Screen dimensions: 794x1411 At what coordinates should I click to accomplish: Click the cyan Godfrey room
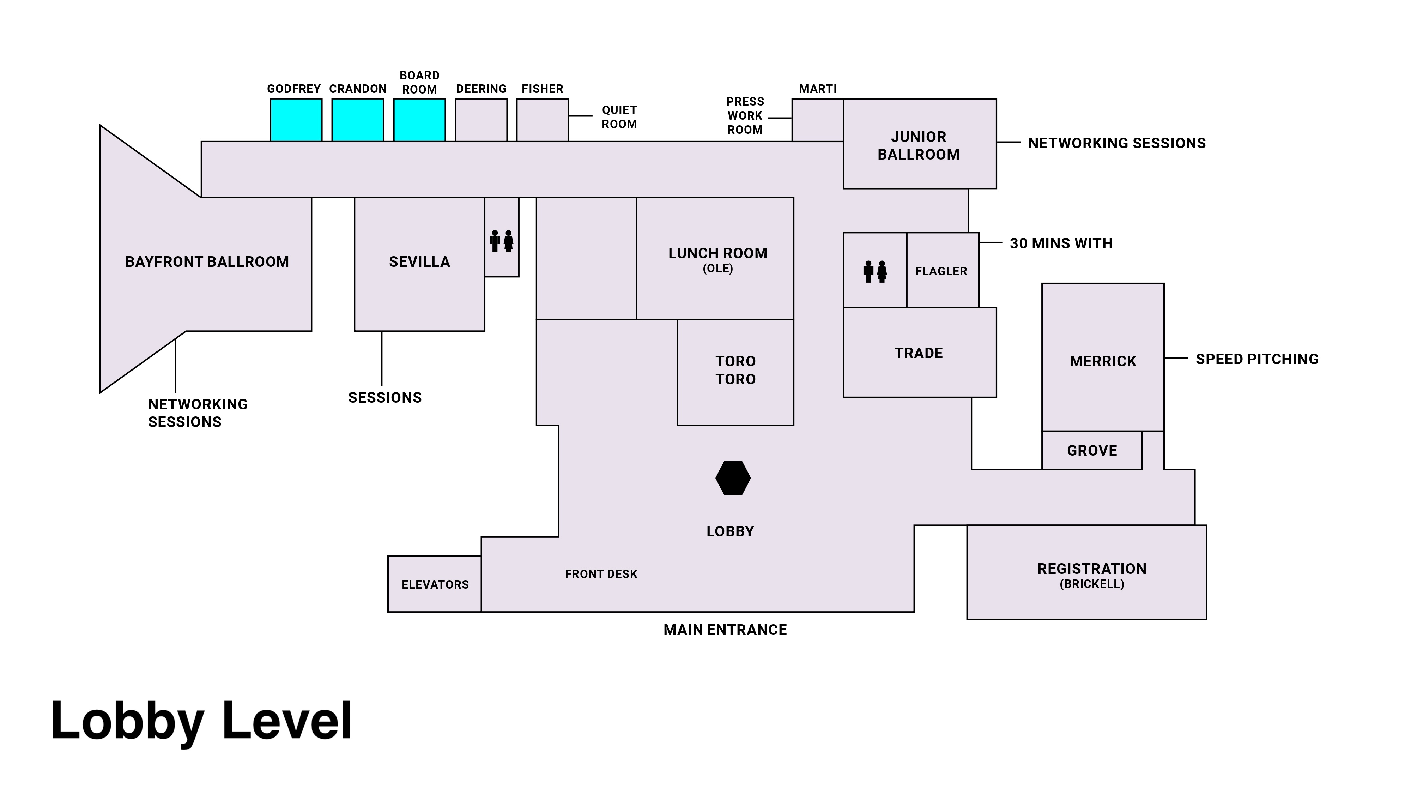tap(296, 120)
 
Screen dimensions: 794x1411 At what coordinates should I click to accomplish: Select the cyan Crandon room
tap(358, 120)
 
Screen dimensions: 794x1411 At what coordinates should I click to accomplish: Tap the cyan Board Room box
tap(419, 120)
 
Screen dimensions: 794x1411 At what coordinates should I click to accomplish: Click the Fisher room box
tap(542, 120)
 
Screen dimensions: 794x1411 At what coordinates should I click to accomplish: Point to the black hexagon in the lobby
tap(733, 478)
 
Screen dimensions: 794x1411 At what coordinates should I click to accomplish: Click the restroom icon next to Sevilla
tap(502, 241)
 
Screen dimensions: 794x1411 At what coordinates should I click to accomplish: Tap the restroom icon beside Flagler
tap(875, 272)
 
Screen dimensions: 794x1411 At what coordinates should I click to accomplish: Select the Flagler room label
tap(941, 271)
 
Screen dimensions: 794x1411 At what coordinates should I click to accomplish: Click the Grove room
tap(1092, 450)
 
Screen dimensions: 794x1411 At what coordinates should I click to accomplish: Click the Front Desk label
tap(601, 574)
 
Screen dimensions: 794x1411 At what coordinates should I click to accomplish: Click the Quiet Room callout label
tap(619, 117)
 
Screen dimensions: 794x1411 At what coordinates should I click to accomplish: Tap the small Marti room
tap(817, 120)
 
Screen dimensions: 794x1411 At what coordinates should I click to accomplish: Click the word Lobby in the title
tap(128, 721)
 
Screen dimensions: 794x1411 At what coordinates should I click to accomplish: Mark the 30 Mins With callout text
tap(1061, 243)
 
